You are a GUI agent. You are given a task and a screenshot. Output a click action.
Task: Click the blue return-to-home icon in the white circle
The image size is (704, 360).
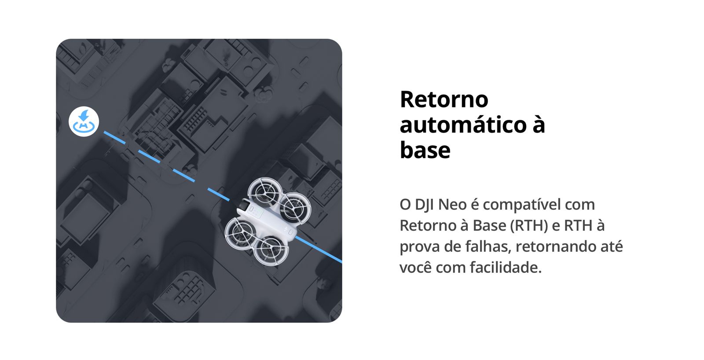(x=84, y=121)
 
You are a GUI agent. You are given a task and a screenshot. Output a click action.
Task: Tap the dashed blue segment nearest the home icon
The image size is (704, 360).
(x=115, y=137)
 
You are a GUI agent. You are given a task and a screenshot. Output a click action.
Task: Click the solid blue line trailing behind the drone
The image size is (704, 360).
(x=318, y=250)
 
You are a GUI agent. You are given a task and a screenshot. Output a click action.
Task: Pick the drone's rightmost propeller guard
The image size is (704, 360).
(x=294, y=208)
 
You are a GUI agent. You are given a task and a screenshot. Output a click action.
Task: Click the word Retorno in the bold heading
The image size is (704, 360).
(x=444, y=99)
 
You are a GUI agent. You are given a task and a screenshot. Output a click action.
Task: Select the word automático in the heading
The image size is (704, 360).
(x=463, y=125)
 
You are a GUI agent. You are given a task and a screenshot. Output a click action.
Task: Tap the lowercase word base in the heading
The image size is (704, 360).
(x=425, y=150)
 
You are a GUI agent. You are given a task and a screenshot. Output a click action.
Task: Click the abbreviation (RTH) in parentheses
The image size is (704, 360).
(x=529, y=226)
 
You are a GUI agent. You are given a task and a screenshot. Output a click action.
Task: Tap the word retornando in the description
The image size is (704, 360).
(x=556, y=246)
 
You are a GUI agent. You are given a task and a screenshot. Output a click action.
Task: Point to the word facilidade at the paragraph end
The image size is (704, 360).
(x=506, y=267)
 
